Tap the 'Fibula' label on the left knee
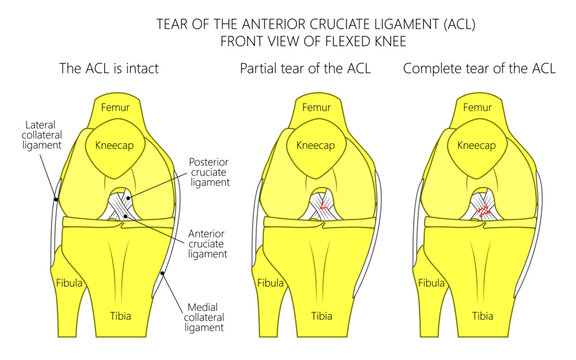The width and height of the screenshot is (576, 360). click(69, 283)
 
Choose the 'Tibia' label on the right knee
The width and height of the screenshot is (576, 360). click(483, 316)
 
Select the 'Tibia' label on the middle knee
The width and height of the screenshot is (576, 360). click(322, 316)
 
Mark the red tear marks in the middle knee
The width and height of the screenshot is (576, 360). click(324, 208)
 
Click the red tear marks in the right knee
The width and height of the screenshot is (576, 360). click(484, 211)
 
